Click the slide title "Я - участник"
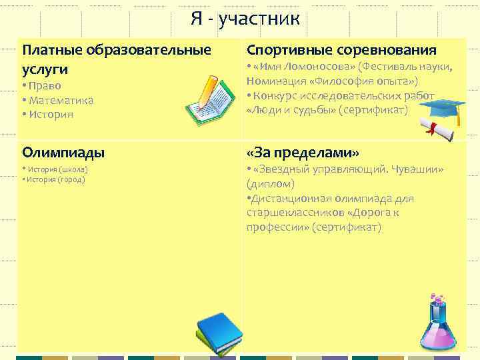point(245,18)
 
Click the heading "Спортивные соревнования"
point(342,50)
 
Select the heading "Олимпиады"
point(63,152)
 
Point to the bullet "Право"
point(43,85)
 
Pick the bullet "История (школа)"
point(56,169)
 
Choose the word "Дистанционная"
point(289,199)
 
